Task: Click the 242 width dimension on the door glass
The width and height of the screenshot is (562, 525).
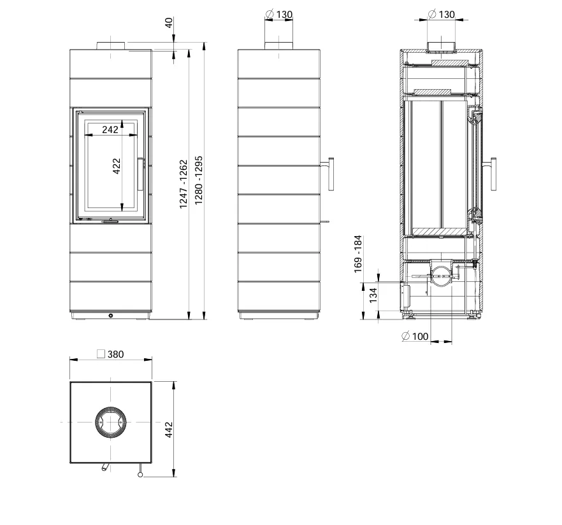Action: (110, 130)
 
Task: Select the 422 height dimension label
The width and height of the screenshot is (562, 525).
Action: (117, 166)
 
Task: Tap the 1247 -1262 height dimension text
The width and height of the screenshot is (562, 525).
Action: (183, 184)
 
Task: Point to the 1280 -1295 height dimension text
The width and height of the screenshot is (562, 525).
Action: (199, 180)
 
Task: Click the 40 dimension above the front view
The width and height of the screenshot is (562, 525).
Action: (168, 22)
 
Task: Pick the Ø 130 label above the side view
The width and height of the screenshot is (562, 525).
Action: (279, 14)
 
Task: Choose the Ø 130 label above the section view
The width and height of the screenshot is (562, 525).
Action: (442, 14)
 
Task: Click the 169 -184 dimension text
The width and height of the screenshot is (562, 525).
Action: (358, 254)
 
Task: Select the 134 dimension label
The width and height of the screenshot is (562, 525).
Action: (373, 295)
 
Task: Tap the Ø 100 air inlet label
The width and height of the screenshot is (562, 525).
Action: (415, 336)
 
